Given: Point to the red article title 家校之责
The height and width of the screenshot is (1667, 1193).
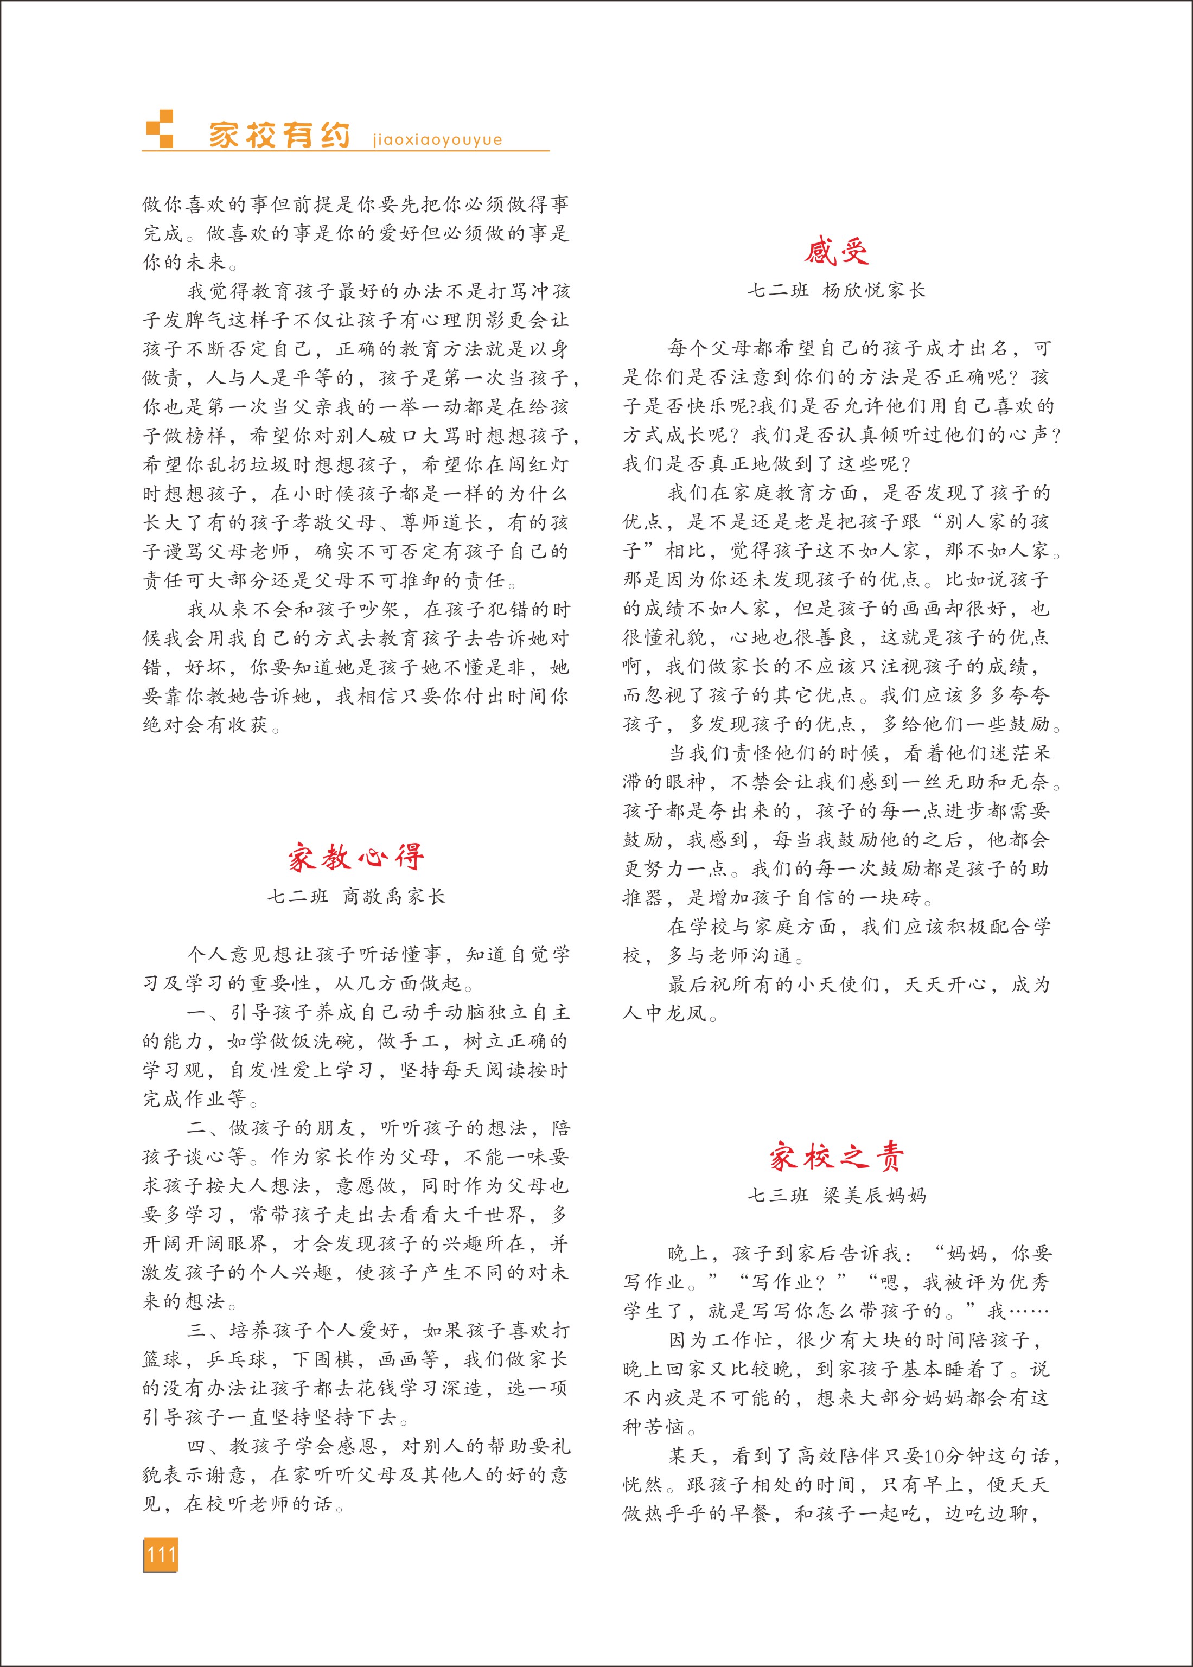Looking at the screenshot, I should (x=836, y=1157).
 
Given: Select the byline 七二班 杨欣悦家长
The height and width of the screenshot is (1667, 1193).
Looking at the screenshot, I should (x=836, y=291).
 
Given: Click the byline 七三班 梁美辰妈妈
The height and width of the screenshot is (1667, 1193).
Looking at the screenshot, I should (x=836, y=1196).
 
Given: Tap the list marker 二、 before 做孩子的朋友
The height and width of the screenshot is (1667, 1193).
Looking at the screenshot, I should (x=208, y=1128).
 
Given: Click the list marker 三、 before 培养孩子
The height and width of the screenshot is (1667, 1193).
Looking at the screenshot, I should (x=208, y=1331).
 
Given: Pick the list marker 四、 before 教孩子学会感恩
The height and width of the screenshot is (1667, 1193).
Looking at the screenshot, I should (x=208, y=1446).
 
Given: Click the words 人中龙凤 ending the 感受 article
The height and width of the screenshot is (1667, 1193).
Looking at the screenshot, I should (x=665, y=1013).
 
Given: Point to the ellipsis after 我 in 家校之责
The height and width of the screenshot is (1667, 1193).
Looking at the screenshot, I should (x=1029, y=1311).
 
